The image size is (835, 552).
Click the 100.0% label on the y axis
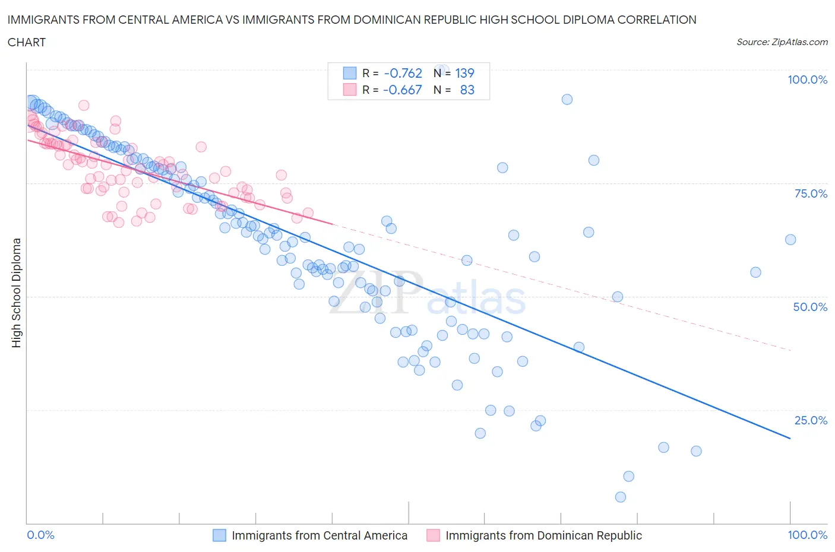coord(807,80)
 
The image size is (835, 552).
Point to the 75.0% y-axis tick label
coord(811,194)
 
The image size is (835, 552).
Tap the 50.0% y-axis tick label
coord(810,307)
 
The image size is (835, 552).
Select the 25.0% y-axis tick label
coord(811,420)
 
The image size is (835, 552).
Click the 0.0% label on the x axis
coord(41,535)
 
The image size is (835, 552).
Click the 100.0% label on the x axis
coord(807,535)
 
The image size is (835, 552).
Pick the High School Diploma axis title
coord(17,293)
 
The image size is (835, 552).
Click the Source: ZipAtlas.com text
coord(782,42)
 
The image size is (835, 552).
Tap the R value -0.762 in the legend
coord(403,73)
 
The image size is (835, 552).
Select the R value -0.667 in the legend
coord(403,90)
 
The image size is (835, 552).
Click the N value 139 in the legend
coord(464,73)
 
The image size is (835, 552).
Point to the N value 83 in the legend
coord(467,90)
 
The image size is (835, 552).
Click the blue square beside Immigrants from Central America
coord(220,535)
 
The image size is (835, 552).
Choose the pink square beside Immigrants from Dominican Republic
coord(433,535)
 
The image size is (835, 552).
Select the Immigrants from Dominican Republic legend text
coord(543,535)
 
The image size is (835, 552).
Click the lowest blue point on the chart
coord(621,497)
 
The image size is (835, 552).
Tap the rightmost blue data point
coord(790,240)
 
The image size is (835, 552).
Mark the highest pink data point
coord(84,105)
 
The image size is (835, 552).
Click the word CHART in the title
coord(27,42)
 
